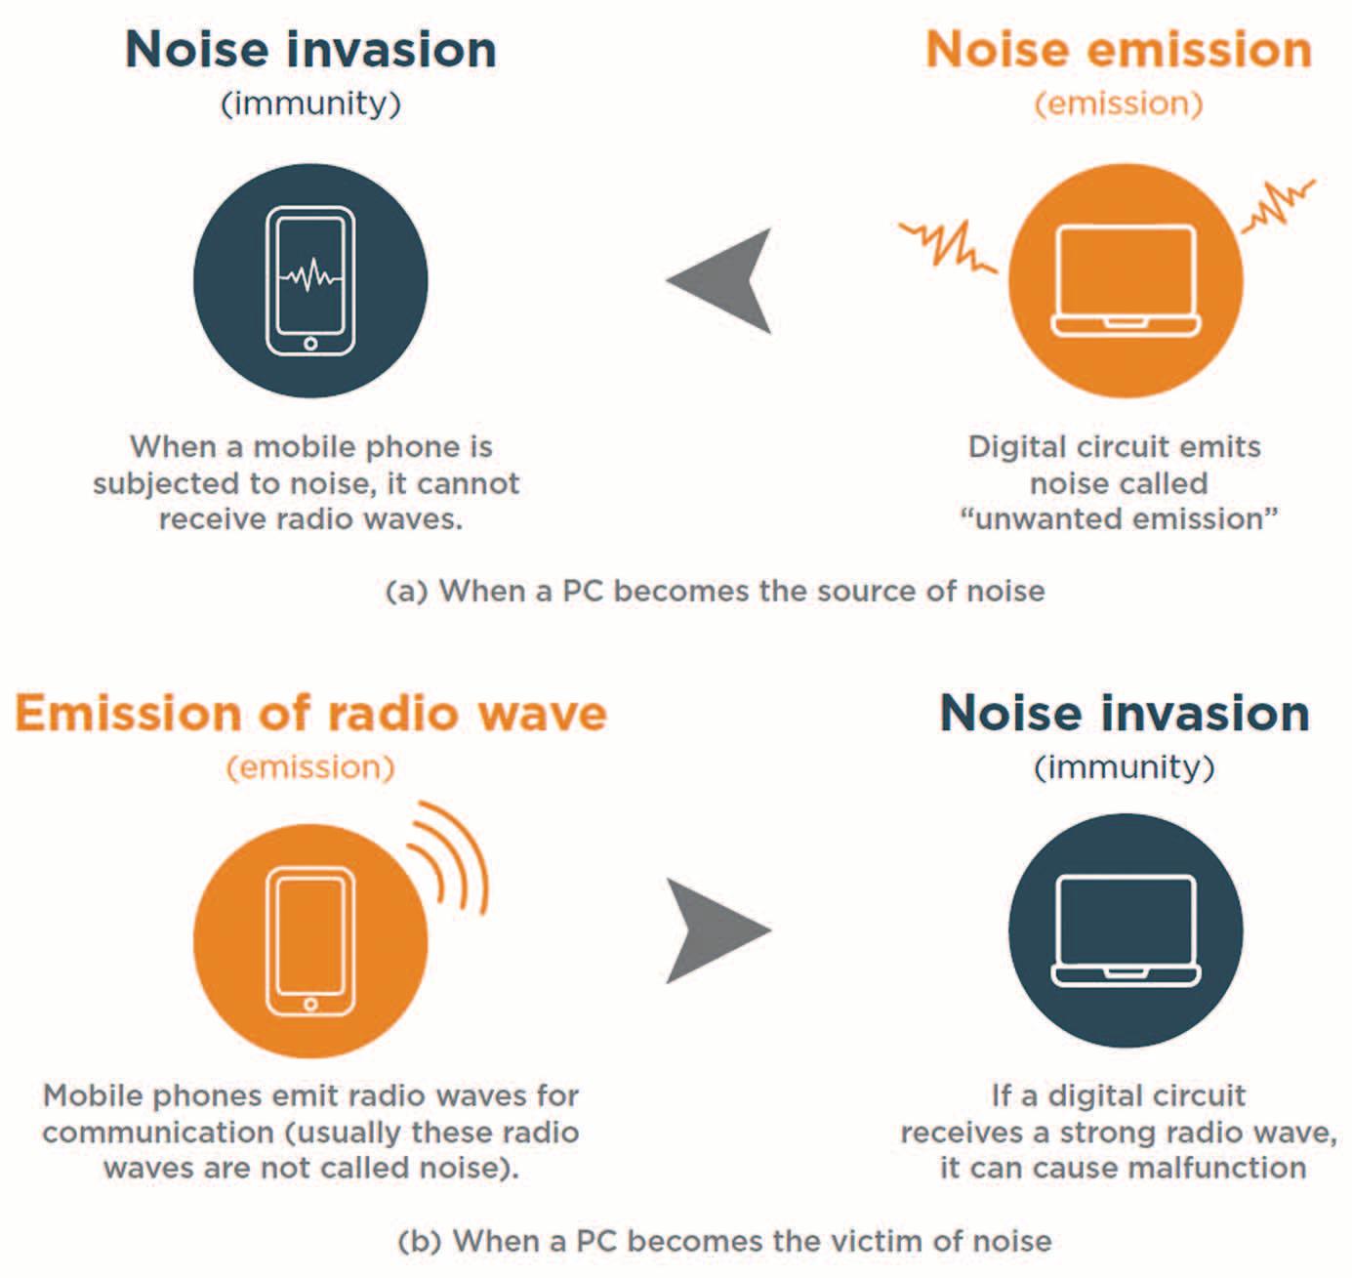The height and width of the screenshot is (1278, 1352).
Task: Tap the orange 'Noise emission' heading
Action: (1118, 50)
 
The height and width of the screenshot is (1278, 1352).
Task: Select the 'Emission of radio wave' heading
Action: (310, 713)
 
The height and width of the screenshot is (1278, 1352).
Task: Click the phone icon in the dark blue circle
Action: (310, 281)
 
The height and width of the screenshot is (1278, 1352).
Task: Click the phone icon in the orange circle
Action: (310, 940)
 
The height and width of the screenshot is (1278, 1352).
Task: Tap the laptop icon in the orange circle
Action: (1126, 281)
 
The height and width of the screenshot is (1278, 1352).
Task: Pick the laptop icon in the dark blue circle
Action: (1126, 930)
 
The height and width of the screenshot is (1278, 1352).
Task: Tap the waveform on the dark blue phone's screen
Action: (310, 276)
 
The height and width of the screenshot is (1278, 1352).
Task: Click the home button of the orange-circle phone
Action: (310, 1004)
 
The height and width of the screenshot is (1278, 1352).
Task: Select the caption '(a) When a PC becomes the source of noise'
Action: (716, 591)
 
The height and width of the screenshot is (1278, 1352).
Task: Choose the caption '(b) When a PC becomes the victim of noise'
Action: (725, 1241)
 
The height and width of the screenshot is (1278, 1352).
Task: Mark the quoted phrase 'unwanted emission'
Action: (1119, 518)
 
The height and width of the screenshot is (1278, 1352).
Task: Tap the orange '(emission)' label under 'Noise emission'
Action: (1118, 103)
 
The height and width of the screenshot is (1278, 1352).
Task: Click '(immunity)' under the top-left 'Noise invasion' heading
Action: (310, 103)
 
